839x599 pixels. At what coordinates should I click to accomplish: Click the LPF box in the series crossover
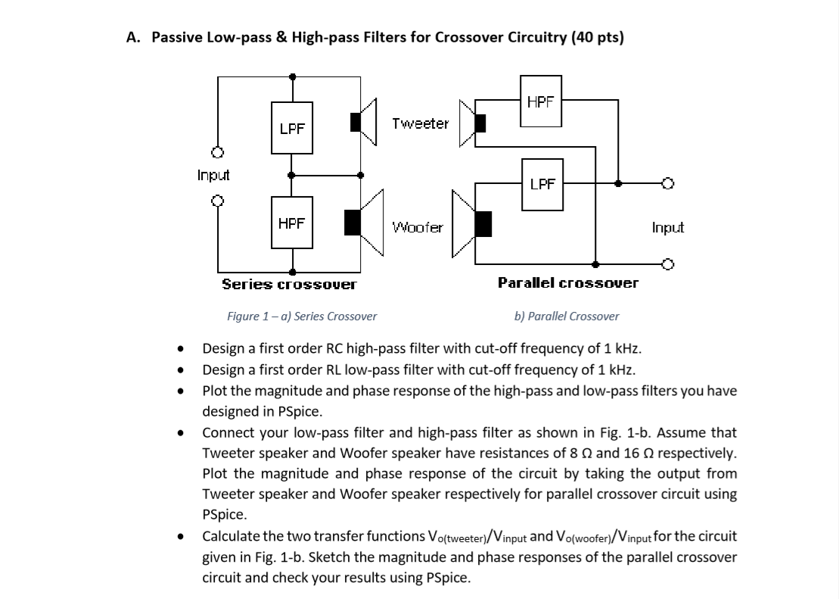coord(292,129)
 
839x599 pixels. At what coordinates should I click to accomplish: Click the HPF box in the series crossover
coord(292,223)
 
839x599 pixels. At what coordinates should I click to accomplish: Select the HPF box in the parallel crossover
coord(540,101)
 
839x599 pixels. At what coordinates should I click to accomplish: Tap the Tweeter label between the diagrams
coord(421,123)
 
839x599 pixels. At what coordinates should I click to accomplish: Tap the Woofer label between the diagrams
coord(418,226)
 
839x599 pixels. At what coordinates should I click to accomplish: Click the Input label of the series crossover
coord(213,176)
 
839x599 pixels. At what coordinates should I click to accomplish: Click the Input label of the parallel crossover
coord(667,227)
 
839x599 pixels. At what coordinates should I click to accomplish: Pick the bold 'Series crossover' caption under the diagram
coord(288,285)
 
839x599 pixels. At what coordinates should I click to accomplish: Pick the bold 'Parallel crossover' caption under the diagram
coord(567,282)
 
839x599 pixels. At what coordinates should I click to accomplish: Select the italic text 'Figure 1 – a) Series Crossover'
coord(302,316)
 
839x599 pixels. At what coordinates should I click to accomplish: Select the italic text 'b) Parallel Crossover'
coord(566,316)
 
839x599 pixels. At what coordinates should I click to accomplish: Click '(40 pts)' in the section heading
coord(598,38)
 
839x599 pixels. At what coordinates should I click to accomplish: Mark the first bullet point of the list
coord(180,349)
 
